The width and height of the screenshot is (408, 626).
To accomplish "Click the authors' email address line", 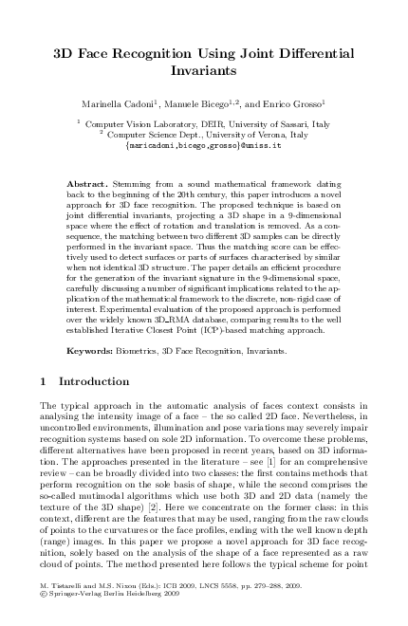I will click(x=204, y=147).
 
